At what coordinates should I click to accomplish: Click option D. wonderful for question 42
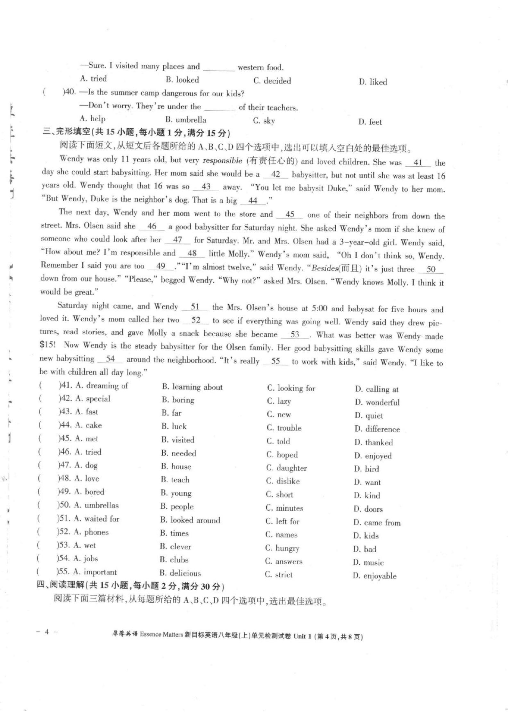tap(377, 402)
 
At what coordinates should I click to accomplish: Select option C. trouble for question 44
tap(284, 428)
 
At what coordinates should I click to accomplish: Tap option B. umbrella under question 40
tap(186, 120)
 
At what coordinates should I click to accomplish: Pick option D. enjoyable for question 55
tap(375, 576)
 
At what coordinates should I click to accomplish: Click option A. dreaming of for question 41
tap(102, 386)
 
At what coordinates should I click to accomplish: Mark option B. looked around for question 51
tap(190, 520)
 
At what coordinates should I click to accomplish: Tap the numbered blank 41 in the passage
tap(418, 163)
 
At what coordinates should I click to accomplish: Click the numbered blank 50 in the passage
tap(431, 269)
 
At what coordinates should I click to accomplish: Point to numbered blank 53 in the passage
tap(295, 335)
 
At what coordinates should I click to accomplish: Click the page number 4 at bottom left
tap(47, 632)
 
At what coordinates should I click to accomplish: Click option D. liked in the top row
tap(373, 82)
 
